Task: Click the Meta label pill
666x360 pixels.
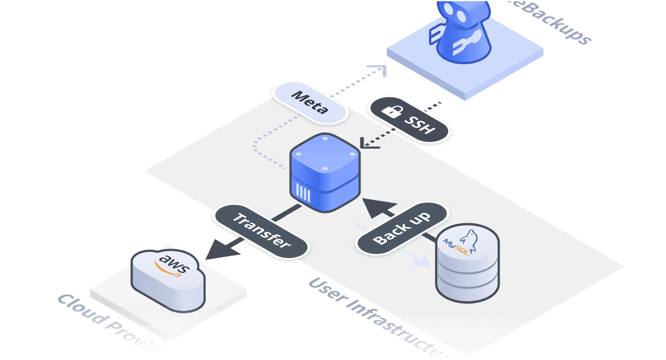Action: click(310, 103)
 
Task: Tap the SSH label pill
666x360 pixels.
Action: click(409, 120)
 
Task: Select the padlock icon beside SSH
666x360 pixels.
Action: click(392, 111)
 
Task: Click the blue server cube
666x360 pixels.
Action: click(325, 172)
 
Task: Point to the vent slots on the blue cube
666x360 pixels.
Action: click(304, 194)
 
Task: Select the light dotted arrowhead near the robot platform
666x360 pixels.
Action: click(377, 70)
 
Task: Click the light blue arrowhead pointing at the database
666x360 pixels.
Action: click(422, 261)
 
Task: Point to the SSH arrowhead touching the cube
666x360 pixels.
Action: click(365, 143)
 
